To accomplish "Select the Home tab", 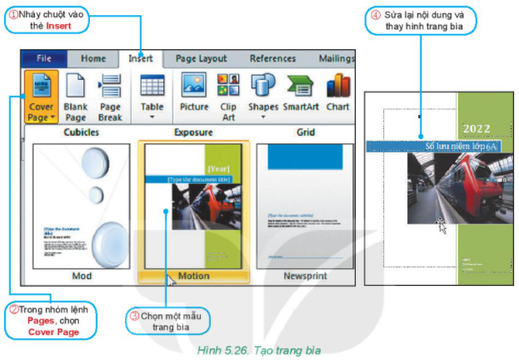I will coord(92,59).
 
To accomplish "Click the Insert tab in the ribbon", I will coord(141,59).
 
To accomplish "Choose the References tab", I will coord(272,59).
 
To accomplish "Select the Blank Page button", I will coord(76,95).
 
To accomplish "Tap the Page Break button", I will coord(110,95).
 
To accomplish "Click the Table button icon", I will coord(152,86).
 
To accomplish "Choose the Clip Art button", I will coord(228,95).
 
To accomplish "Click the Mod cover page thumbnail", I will coord(82,204).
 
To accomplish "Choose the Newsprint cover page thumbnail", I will coord(303,204).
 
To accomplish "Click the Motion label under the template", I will coord(193,276).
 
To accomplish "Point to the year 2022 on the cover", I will coord(476,130).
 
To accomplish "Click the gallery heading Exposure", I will coord(193,132).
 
